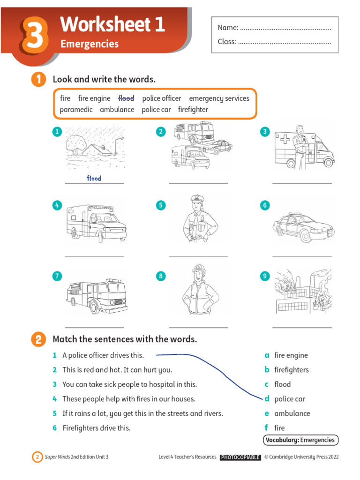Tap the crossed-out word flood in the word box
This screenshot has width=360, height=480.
tap(126, 98)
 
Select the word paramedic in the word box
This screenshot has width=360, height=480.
tap(76, 110)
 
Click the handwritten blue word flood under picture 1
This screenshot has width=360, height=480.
tap(94, 178)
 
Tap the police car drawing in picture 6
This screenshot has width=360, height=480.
tap(303, 227)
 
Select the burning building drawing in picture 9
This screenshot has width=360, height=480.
tap(302, 292)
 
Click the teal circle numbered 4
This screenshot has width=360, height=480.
tap(57, 205)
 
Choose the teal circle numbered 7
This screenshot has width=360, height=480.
tap(57, 276)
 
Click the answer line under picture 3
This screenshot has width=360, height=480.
tap(302, 183)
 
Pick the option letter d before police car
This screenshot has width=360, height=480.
tap(267, 399)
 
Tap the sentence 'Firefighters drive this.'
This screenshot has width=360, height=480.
tap(97, 428)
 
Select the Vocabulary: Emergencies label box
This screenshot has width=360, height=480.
tap(300, 440)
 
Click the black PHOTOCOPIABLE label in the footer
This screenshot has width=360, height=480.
tap(240, 457)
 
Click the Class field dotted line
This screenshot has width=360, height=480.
tap(284, 42)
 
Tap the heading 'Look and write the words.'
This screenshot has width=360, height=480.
tap(104, 79)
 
